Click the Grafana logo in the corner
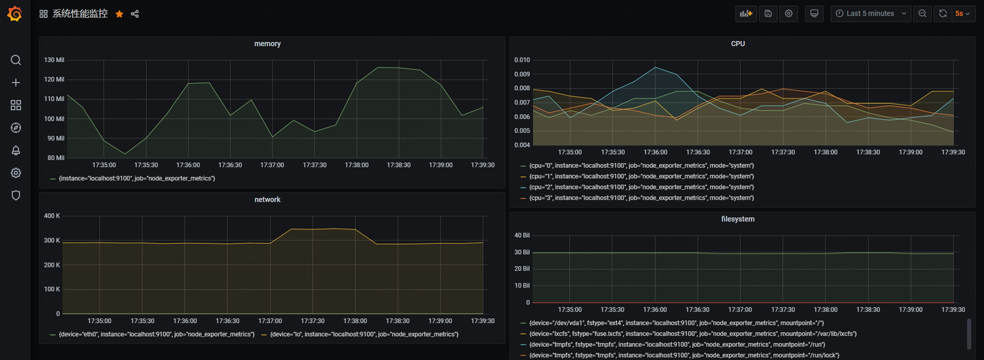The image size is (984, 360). click(x=14, y=14)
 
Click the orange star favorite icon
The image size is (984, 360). click(x=120, y=14)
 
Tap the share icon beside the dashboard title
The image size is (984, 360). click(x=135, y=14)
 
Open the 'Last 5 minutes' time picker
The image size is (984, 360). click(x=871, y=14)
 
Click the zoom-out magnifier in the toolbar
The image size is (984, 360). click(x=922, y=14)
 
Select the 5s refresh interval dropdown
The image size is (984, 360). click(x=963, y=14)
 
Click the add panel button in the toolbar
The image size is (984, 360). click(x=746, y=14)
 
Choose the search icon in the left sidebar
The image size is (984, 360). click(x=16, y=60)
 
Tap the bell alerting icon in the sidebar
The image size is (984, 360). click(x=16, y=150)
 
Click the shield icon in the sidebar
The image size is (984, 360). click(x=16, y=195)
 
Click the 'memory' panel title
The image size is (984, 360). click(x=267, y=44)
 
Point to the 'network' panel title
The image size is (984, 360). click(x=267, y=199)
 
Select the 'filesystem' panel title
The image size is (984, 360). click(x=738, y=219)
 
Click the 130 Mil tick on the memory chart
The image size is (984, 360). click(x=54, y=60)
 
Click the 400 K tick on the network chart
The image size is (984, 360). click(x=52, y=216)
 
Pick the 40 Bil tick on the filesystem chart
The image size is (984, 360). click(x=523, y=236)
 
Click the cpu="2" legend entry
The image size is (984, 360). click(x=642, y=187)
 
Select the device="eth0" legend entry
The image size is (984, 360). click(x=156, y=334)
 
